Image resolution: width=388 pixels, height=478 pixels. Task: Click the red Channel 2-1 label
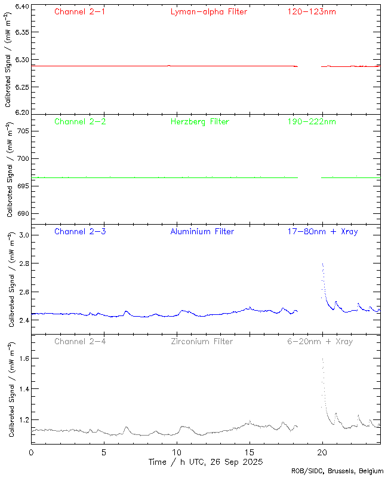pos(80,12)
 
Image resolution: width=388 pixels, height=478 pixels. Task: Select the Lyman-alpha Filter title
pos(208,12)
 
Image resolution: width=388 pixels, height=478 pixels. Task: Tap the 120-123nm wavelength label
pos(311,12)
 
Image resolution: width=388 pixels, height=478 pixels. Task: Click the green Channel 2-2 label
pos(80,122)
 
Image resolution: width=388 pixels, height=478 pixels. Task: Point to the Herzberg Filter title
pos(199,122)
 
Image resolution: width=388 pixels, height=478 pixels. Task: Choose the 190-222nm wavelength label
pos(311,122)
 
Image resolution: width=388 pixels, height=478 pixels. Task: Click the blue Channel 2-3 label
pos(80,232)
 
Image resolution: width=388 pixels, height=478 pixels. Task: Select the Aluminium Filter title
pos(202,232)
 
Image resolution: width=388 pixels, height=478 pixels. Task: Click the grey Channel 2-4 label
pos(80,342)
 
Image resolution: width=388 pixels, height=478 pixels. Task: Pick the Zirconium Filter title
pos(202,342)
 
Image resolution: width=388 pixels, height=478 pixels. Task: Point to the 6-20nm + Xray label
pos(318,342)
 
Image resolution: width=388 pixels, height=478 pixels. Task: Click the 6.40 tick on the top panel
pos(21,7)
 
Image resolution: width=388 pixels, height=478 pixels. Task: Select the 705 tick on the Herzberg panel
pos(22,131)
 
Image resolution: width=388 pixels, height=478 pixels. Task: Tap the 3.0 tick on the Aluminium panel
pos(23,235)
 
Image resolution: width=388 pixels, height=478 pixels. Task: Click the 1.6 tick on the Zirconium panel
pos(23,358)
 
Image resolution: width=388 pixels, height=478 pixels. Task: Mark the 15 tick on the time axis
pos(250,453)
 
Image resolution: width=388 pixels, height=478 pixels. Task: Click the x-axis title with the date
pos(205,462)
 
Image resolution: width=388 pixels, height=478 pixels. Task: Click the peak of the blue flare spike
pos(322,263)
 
